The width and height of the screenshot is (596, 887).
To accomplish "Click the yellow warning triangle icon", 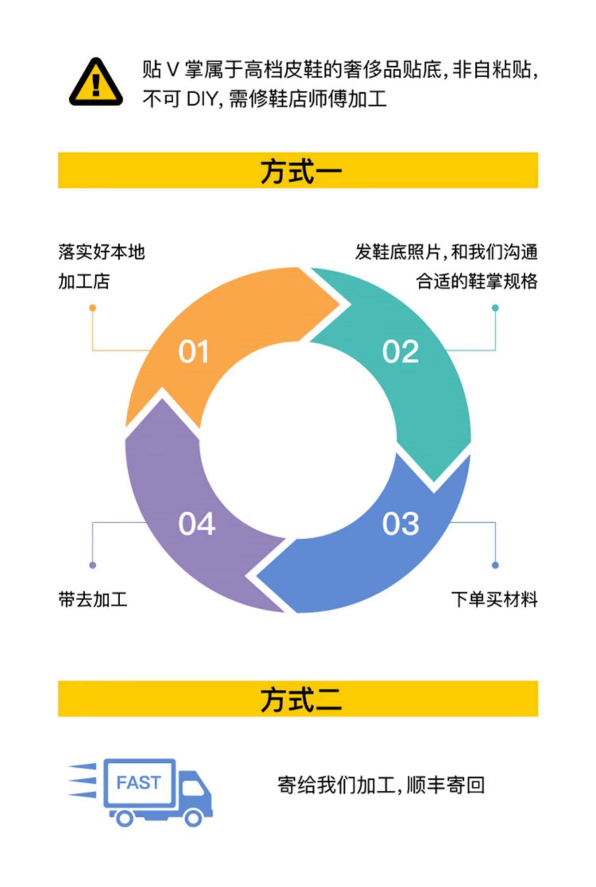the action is (96, 83).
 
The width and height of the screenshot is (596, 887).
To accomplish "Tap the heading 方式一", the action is (301, 171).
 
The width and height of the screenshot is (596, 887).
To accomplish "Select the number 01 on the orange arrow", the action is (194, 352).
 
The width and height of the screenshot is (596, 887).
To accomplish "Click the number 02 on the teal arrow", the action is (401, 352).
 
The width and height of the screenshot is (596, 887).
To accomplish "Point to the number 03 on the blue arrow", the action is (401, 524).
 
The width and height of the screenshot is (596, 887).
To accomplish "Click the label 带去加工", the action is (93, 599).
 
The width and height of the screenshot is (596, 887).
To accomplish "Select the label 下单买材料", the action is (494, 599).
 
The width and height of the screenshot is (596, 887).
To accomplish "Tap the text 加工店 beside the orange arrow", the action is (84, 281).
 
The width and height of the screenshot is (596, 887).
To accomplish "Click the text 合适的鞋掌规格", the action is (477, 281).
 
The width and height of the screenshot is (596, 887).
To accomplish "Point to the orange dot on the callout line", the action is (93, 308).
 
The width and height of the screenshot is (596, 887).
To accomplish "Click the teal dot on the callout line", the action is (495, 308).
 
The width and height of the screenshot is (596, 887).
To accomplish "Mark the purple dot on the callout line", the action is (93, 565).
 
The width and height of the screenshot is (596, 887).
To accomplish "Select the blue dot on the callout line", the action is (495, 565).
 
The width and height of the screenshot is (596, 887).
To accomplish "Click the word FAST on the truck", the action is (139, 783).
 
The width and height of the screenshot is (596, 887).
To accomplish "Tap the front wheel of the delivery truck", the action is (194, 818).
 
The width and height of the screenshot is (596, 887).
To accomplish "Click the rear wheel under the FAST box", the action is (124, 818).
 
